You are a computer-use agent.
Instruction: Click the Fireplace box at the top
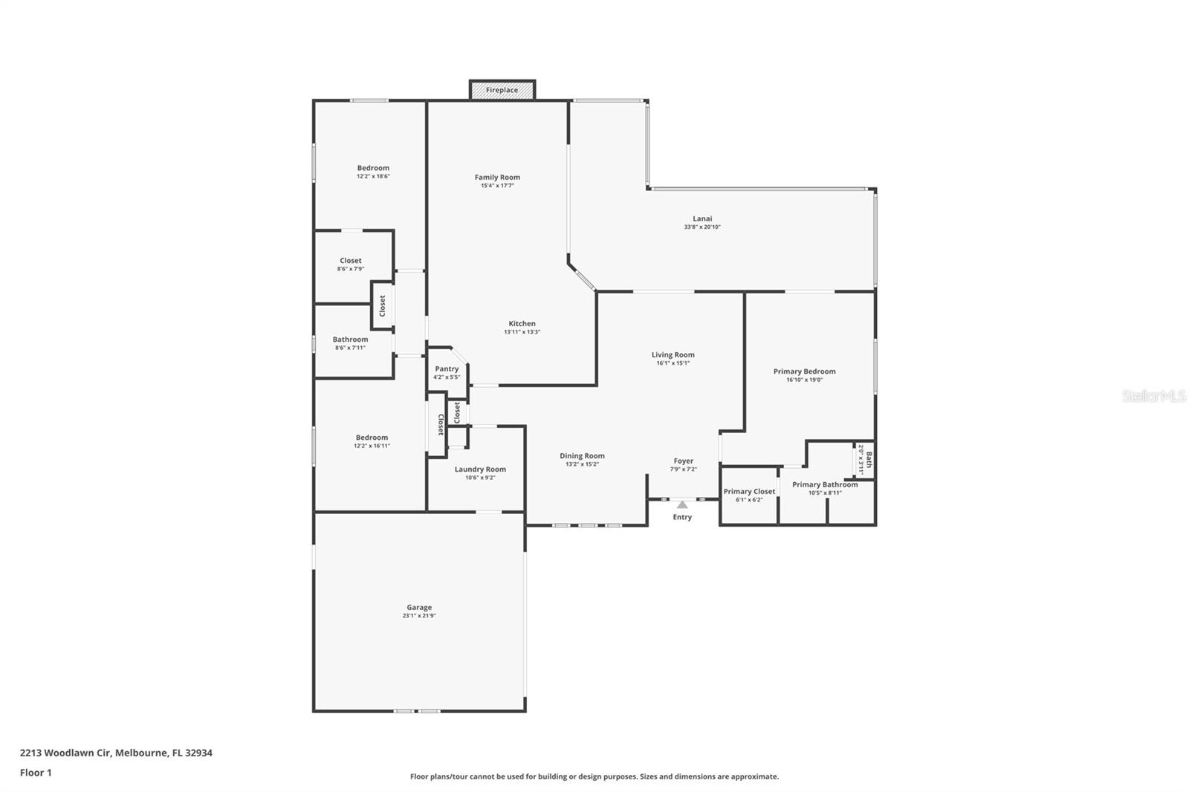tap(502, 90)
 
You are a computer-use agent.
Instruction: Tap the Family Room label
tap(497, 177)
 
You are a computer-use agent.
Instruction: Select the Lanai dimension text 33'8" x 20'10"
tap(702, 227)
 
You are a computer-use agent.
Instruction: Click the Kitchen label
tap(522, 323)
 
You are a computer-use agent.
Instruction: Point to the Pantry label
tap(447, 369)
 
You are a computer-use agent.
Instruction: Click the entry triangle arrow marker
tap(682, 504)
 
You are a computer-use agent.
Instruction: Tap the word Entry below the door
tap(682, 517)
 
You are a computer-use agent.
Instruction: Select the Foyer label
tap(683, 461)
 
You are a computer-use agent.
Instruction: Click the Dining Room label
tap(582, 455)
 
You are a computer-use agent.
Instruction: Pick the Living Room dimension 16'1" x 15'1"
tap(673, 363)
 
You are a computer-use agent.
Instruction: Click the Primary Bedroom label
tap(804, 371)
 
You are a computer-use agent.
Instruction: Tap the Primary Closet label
tap(749, 491)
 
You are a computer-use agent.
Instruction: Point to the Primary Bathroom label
tap(825, 484)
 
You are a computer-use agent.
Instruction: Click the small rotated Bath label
tap(869, 460)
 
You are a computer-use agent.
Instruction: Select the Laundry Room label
tap(480, 469)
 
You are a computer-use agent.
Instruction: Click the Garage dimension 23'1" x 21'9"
tap(419, 616)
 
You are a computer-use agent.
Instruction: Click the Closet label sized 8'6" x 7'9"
tap(350, 261)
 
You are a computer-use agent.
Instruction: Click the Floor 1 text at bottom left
tap(36, 773)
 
